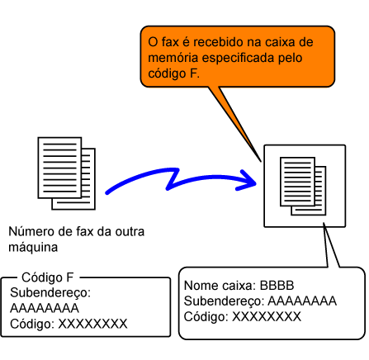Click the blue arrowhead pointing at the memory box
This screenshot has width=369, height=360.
pyautogui.click(x=248, y=181)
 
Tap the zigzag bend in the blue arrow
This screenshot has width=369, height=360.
pyautogui.click(x=173, y=179)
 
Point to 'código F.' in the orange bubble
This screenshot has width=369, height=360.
pyautogui.click(x=173, y=73)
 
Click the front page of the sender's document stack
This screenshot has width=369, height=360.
pyautogui.click(x=59, y=168)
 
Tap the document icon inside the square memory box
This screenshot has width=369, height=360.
pyautogui.click(x=303, y=186)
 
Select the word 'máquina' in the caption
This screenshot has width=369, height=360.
pyautogui.click(x=33, y=247)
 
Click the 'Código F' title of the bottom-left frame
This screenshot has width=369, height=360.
pyautogui.click(x=48, y=277)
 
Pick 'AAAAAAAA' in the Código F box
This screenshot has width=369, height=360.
pyautogui.click(x=45, y=308)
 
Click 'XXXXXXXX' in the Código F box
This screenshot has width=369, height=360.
pyautogui.click(x=92, y=324)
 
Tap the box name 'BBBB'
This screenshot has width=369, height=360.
pyautogui.click(x=277, y=286)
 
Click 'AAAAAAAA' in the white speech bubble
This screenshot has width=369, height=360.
pyautogui.click(x=302, y=301)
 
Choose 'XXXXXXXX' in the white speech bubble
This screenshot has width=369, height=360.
pyautogui.click(x=267, y=316)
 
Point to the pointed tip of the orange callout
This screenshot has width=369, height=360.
pyautogui.click(x=260, y=162)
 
